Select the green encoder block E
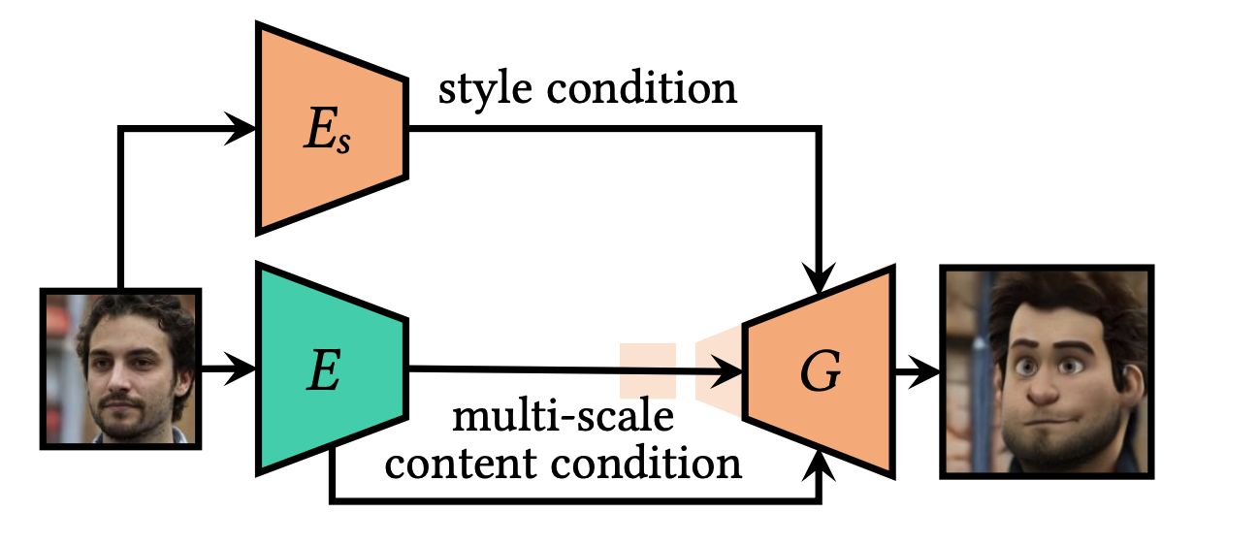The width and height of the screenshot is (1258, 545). click(330, 369)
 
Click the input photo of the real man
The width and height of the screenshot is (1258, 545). click(120, 369)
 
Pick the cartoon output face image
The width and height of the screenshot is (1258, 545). click(1048, 371)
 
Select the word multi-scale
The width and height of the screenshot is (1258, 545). click(564, 419)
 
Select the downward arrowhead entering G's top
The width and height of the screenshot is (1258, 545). click(820, 280)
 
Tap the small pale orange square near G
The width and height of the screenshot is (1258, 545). click(647, 370)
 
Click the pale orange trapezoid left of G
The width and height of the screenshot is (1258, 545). click(718, 370)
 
